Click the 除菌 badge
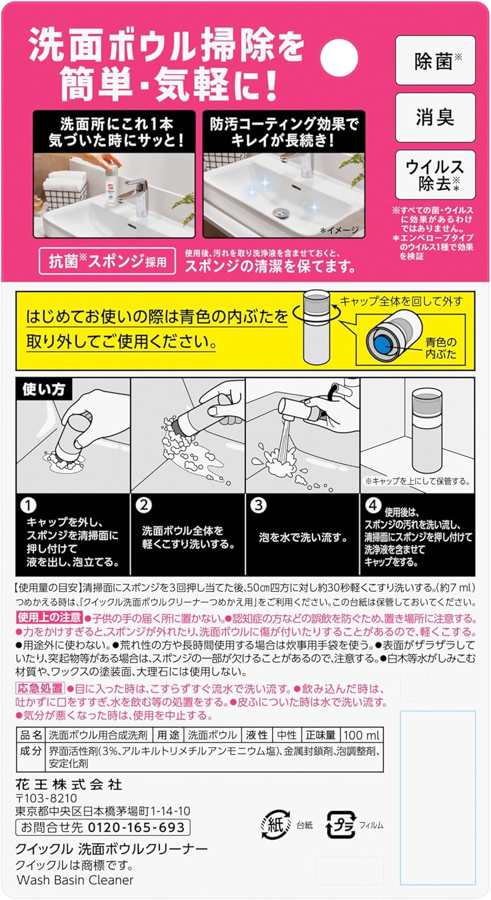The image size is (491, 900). [x=436, y=60]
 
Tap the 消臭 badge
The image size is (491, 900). [x=436, y=118]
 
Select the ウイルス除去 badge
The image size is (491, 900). [x=436, y=175]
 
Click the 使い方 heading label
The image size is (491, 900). [x=44, y=389]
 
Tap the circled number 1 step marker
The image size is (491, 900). [x=29, y=505]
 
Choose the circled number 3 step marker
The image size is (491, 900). [x=258, y=505]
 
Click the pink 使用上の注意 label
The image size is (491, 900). [x=49, y=617]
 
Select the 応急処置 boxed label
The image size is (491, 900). [x=40, y=688]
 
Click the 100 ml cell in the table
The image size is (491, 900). [x=362, y=735]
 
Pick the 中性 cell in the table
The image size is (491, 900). [x=287, y=735]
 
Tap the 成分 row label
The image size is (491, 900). [x=31, y=751]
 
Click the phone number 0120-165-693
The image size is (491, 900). [x=136, y=827]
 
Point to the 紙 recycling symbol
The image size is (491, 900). [x=276, y=825]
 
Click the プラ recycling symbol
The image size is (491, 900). [x=341, y=824]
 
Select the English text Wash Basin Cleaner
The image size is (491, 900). [x=75, y=880]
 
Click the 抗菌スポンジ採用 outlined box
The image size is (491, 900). [x=107, y=261]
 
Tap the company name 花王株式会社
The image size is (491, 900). [x=69, y=784]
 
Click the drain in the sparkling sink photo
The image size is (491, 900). [x=278, y=211]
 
